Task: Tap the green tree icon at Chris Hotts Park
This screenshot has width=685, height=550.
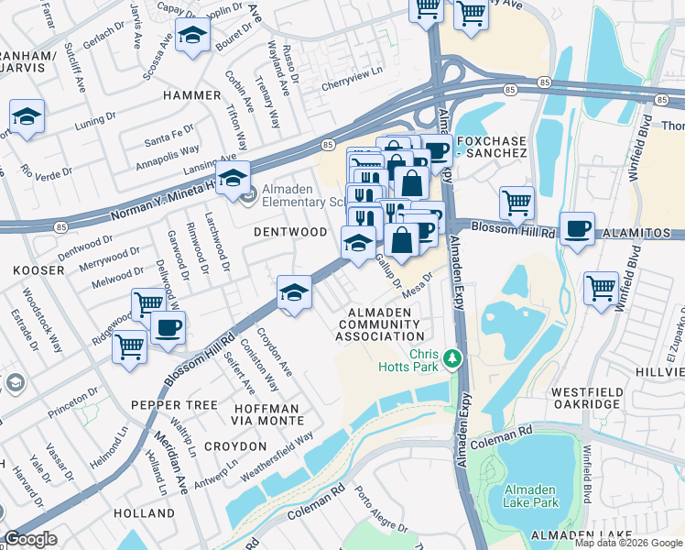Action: tap(450, 357)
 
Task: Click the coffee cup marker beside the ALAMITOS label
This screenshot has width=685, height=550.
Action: tap(577, 229)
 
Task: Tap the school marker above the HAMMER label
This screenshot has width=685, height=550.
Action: tap(193, 36)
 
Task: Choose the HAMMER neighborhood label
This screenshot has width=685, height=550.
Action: tap(191, 95)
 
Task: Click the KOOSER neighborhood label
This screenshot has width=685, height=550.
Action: tap(38, 271)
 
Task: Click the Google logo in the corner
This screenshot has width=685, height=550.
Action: tap(30, 539)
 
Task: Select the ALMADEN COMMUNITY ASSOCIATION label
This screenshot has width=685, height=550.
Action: tap(379, 324)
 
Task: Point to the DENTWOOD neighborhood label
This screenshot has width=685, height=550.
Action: tap(290, 232)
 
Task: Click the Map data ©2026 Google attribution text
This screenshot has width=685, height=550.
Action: tap(627, 543)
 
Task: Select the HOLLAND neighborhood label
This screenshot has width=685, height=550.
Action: tap(145, 513)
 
